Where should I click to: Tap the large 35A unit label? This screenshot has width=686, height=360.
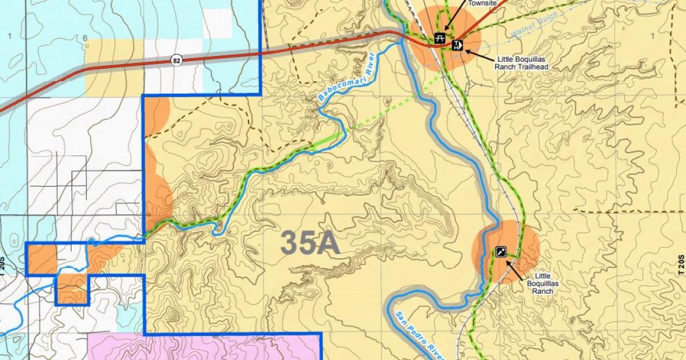point(310,243)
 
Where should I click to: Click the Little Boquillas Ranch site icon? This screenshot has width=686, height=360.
point(501,251)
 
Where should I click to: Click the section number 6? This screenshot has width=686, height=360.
point(84,38)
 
